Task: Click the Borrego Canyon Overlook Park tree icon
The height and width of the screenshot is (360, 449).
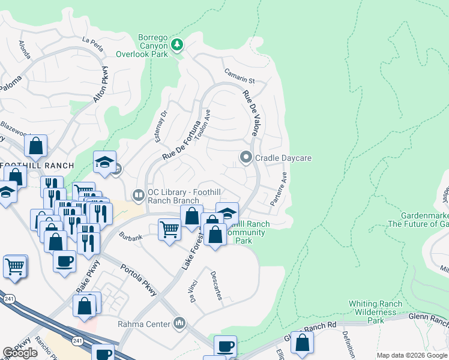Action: point(177,45)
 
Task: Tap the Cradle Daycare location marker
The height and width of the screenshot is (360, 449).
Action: point(246,158)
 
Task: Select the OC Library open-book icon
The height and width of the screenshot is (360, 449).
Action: point(138,194)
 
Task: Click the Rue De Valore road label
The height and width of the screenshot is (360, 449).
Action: point(250,113)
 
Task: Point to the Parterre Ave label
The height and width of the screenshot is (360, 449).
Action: point(279,189)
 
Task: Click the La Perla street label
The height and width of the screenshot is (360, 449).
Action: point(93,41)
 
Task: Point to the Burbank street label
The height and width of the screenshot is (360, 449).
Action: point(130,238)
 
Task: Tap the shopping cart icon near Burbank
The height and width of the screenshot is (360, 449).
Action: point(170,229)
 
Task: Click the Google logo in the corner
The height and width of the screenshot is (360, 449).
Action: point(20,353)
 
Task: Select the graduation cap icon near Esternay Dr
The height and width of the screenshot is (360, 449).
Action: point(104,161)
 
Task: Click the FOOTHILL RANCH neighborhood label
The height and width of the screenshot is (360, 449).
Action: point(37,165)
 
